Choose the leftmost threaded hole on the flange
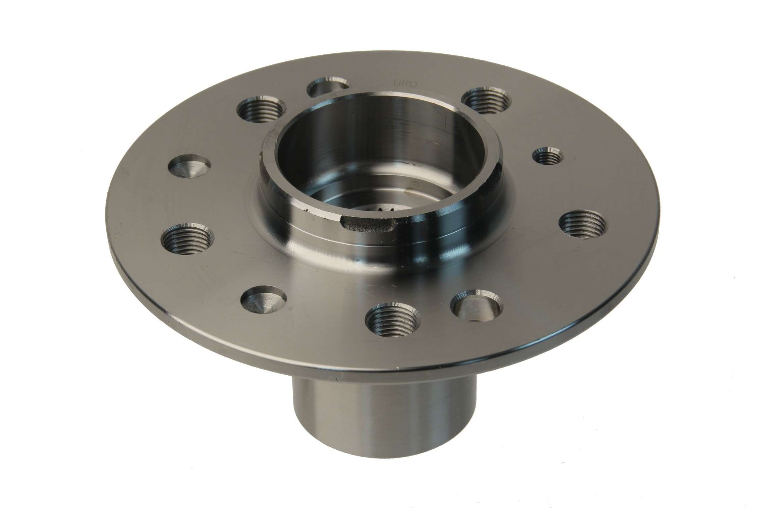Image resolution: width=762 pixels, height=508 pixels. (x=187, y=238)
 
